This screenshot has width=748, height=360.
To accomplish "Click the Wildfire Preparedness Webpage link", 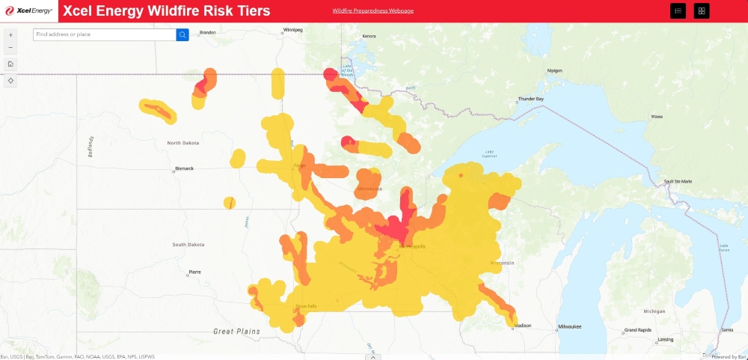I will click(x=373, y=10).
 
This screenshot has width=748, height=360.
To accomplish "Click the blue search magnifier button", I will click(x=183, y=34).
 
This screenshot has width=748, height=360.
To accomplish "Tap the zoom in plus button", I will click(x=10, y=35).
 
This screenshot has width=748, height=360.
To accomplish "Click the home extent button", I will click(x=10, y=64).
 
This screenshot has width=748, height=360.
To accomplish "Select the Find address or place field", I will click(x=105, y=34).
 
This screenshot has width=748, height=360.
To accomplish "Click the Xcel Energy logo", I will click(x=29, y=10).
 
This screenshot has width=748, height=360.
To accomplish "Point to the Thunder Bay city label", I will click(x=532, y=99).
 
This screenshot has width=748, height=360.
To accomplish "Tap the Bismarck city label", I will click(x=184, y=168).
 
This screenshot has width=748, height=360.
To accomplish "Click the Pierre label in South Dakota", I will click(x=195, y=271).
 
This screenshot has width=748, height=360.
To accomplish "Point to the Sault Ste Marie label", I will click(x=678, y=181).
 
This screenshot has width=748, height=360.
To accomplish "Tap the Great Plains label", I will click(x=233, y=331).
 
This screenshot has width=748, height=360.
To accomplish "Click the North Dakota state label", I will click(x=183, y=142).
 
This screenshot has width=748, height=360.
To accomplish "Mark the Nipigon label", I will click(x=554, y=70).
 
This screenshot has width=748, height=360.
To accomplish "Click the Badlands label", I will click(x=91, y=147).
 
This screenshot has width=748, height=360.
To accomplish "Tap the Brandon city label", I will click(x=207, y=32).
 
